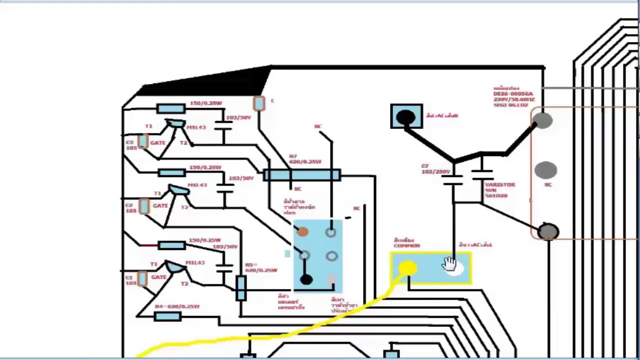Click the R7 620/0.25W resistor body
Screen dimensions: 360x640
(302, 175)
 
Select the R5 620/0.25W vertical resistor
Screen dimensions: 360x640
(241, 288)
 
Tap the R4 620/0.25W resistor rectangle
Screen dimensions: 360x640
(167, 316)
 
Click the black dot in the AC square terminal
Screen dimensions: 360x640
(405, 117)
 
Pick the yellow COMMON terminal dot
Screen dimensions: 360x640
(408, 268)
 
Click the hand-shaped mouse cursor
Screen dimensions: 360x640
(449, 264)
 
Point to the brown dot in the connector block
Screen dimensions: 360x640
(302, 231)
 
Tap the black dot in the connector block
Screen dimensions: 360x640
(306, 280)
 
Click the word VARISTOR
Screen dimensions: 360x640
(499, 184)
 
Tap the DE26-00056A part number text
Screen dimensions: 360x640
(513, 93)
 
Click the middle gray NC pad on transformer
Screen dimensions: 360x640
(545, 170)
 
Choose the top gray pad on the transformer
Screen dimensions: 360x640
(542, 120)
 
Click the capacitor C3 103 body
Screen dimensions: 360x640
(143, 142)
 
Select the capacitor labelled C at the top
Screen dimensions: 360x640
(258, 103)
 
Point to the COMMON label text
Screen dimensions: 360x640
(406, 245)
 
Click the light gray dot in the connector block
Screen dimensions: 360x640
(332, 279)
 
